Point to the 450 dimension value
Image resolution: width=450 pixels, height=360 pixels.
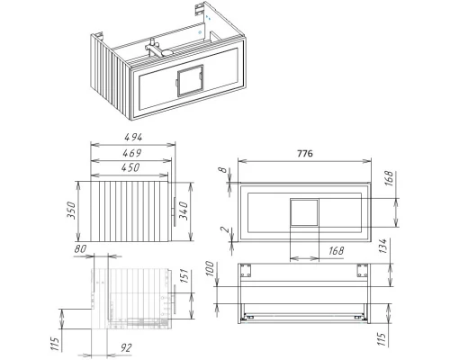coord(129,168)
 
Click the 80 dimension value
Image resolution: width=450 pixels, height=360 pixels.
coord(80,250)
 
